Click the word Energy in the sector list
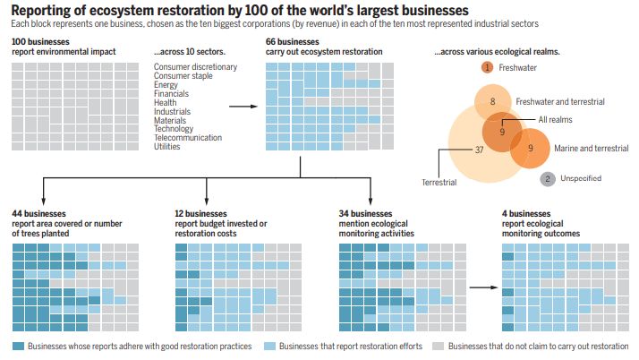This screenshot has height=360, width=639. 166,84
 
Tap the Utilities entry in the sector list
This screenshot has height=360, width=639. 168,147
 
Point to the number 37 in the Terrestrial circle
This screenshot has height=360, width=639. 479,150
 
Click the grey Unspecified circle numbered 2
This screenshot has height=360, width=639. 547,179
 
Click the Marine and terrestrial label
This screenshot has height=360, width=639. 591,147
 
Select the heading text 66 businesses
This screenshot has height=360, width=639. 296,42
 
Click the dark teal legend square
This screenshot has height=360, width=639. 18,347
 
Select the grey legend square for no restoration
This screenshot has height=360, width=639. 438,347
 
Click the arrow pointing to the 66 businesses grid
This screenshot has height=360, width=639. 242,106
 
